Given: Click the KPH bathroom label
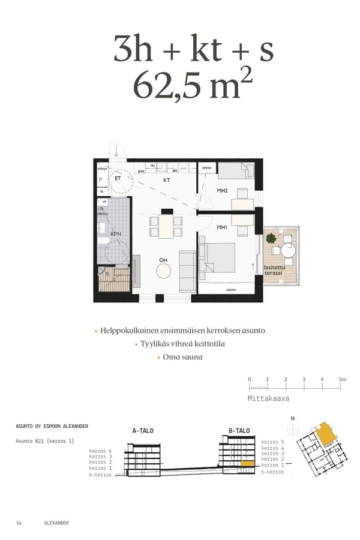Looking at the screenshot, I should coord(116,234).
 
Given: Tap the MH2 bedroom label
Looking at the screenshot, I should coord(223,190).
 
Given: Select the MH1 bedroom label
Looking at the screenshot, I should coord(223,227).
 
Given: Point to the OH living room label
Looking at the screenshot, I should coord(163,260).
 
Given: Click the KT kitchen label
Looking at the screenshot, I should coord(167,179).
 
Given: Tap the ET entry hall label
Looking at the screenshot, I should coord(118,178).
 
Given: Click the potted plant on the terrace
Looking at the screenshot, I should coord(272,238).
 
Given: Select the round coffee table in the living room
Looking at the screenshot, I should coord(164,271).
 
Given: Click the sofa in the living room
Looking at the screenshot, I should coord(188,271).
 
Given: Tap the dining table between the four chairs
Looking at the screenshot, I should coord(166,226).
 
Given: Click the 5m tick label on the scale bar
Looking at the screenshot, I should coord(342,379).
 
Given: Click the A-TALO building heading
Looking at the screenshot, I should coord(143,431).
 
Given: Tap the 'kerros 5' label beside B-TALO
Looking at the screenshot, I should coord(273,442).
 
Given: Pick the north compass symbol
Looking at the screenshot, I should coord(293,428).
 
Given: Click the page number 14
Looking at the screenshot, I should coord(19,523).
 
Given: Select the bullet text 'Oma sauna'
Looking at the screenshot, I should coord(182,357).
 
